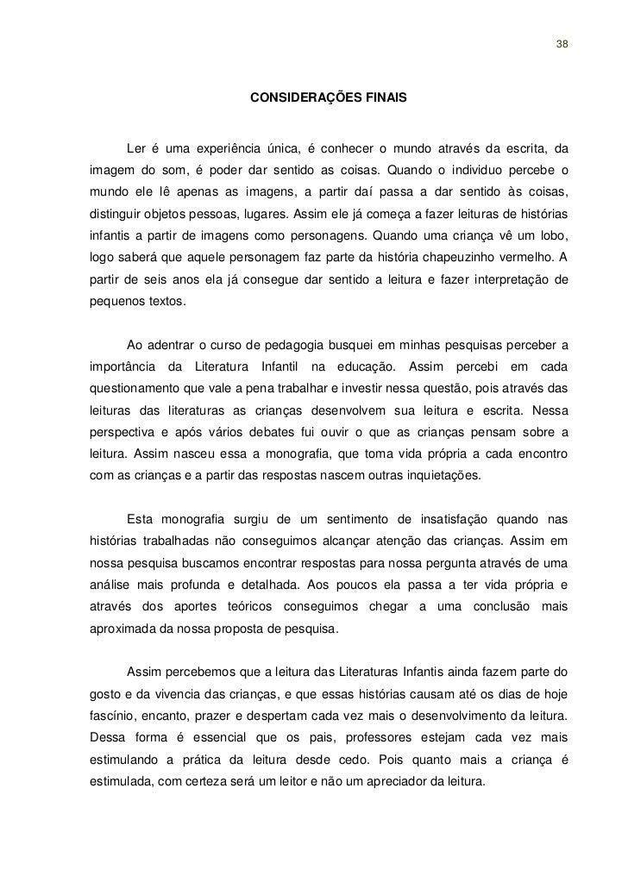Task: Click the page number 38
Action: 562,44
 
